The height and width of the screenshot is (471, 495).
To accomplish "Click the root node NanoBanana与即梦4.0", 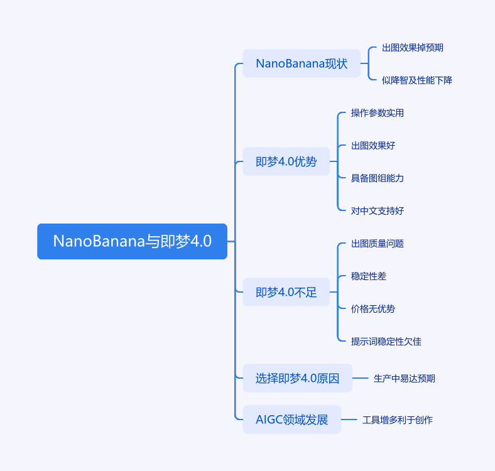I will [x=132, y=241].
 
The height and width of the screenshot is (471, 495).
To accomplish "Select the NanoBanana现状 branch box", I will [x=302, y=63].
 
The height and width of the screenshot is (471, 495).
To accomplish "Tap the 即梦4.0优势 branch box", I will [x=286, y=161].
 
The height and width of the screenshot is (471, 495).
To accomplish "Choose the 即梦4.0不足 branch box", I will [x=286, y=292].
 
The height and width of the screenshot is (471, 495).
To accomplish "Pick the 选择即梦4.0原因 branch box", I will [x=297, y=378].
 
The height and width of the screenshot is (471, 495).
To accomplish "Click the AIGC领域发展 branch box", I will [x=291, y=420].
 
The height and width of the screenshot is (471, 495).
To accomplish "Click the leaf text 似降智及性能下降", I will [x=417, y=80].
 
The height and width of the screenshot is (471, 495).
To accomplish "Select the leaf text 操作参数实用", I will [x=377, y=113].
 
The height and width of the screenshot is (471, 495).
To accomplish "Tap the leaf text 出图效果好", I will [x=373, y=146].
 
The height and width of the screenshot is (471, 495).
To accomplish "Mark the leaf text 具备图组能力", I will [x=377, y=178].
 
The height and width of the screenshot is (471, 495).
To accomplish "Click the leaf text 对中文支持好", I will [x=377, y=211].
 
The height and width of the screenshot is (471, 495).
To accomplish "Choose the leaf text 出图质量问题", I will [x=377, y=244].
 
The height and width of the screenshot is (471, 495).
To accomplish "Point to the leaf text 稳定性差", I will [x=373, y=276].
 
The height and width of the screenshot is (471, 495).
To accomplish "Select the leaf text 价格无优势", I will [x=373, y=309].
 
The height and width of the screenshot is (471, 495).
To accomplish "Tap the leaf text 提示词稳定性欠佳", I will [x=386, y=342].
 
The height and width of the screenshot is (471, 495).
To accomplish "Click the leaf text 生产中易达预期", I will [x=404, y=379].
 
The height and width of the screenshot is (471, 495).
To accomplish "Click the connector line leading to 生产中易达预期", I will [x=360, y=378].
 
